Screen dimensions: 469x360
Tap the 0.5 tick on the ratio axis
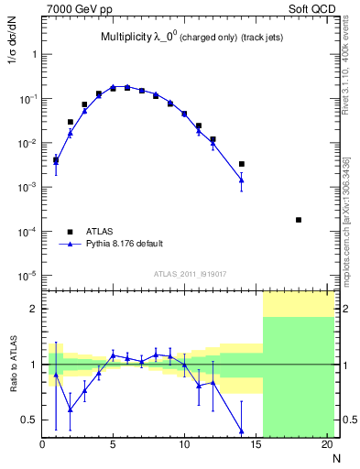[28, 420]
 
